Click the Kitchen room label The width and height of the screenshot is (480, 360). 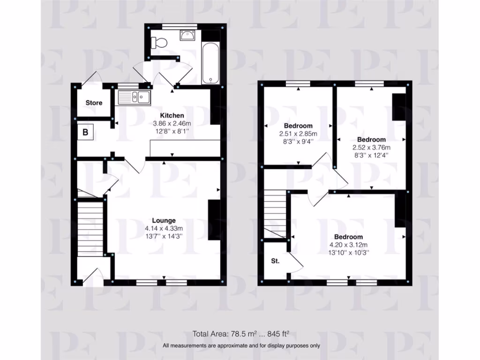(172, 115)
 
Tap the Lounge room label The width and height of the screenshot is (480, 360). (164, 220)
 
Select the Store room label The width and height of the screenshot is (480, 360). (94, 103)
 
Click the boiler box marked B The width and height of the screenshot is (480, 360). (85, 132)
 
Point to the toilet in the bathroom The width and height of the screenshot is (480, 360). (159, 42)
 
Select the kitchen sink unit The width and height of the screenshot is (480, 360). (134, 97)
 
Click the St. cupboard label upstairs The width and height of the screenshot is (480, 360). (275, 261)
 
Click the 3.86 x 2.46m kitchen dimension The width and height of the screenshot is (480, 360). (172, 124)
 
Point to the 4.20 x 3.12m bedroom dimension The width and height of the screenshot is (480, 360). (348, 245)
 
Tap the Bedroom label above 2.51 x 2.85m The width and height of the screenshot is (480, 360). (298, 126)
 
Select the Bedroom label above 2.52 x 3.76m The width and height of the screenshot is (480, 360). (371, 139)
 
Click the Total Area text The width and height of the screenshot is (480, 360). (241, 334)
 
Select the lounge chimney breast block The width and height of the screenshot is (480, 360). (214, 220)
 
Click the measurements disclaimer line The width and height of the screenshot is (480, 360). (241, 346)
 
